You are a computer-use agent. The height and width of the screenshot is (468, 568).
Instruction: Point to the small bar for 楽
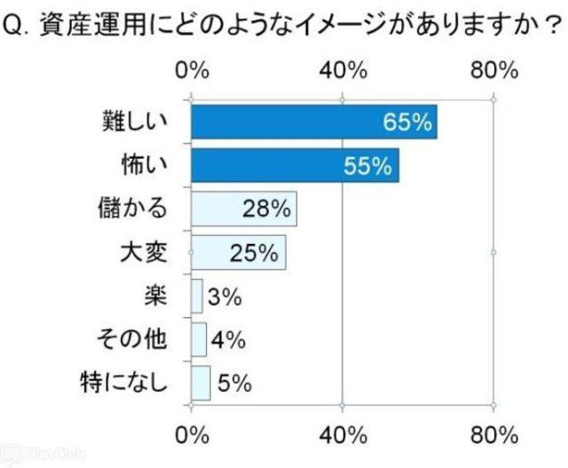click(x=197, y=296)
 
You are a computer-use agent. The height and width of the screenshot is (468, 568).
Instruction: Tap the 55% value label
click(x=369, y=166)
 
